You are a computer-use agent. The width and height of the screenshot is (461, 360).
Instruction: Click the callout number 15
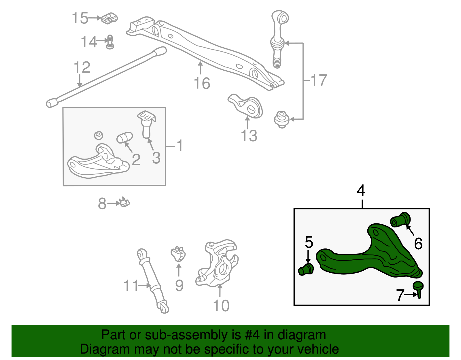click(x=80, y=18)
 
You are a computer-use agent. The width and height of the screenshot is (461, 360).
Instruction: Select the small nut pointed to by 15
click(x=110, y=18)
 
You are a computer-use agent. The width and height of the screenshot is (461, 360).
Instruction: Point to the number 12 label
click(x=82, y=67)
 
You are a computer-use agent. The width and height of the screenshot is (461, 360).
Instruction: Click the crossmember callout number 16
click(x=202, y=84)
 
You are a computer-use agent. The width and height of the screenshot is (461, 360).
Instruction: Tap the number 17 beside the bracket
click(x=319, y=80)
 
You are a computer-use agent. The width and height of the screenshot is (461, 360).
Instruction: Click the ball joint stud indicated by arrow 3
click(x=146, y=125)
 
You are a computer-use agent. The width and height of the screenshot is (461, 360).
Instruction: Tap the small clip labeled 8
click(x=125, y=203)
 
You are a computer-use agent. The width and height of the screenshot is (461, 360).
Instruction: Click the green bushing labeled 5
click(x=306, y=269)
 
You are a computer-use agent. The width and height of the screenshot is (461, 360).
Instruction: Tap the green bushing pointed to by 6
click(x=400, y=220)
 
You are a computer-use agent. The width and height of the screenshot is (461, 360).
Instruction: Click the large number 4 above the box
click(x=361, y=191)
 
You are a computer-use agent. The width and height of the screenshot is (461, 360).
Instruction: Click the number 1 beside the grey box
click(x=180, y=146)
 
